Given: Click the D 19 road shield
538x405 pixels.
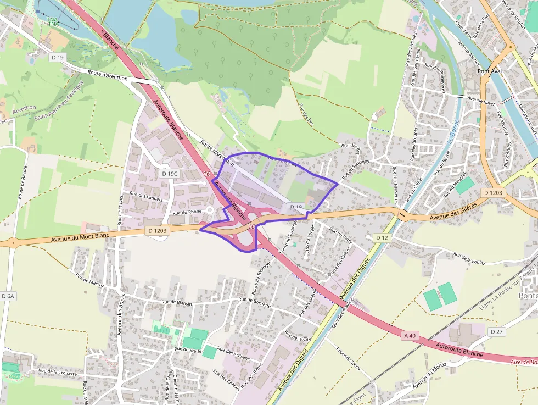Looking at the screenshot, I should click(58, 57).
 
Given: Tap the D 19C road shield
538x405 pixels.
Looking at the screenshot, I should click(170, 173).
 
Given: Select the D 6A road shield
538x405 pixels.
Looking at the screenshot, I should click(8, 296).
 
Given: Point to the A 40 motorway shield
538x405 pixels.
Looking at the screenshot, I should click(410, 335).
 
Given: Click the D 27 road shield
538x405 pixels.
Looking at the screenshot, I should click(497, 331).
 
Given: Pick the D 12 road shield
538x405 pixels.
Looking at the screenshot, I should click(382, 237).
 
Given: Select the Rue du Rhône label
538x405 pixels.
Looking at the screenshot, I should click(184, 212).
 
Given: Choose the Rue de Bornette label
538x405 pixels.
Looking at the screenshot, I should click(256, 299).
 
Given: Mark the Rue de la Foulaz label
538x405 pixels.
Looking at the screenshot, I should click(470, 258).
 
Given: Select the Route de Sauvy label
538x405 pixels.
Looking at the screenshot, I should click(348, 358).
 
